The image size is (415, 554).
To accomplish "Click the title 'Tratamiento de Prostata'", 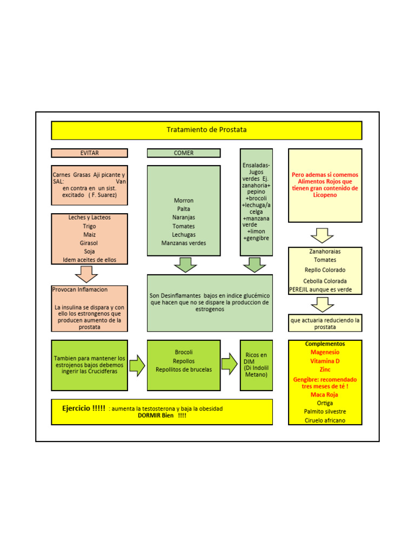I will click(x=206, y=130).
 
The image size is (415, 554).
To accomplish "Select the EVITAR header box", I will click(x=89, y=153).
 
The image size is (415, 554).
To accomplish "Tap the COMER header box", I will click(x=184, y=153).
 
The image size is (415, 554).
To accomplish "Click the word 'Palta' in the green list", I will click(x=184, y=209).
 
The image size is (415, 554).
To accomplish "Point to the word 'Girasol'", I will click(x=89, y=243).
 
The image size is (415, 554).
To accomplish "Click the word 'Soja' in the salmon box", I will click(x=89, y=252).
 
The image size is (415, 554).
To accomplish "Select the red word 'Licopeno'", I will click(x=325, y=195).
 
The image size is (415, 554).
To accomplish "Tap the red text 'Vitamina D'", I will click(x=325, y=361).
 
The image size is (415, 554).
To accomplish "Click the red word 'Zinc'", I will click(x=325, y=369).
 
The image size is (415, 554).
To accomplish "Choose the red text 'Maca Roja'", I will click(x=325, y=394).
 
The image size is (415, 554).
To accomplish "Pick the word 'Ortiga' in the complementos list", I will click(x=325, y=403).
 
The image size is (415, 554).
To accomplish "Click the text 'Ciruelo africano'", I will click(x=325, y=420).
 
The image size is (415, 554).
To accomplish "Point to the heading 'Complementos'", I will click(x=325, y=344).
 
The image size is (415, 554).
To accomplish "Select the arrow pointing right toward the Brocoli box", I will click(x=137, y=365).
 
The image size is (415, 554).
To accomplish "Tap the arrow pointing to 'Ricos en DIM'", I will click(x=230, y=364).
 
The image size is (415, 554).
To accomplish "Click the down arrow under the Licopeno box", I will click(x=323, y=235).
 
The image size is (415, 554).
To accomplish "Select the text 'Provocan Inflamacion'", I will click(x=80, y=290).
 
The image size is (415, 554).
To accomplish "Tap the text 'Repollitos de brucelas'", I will click(x=184, y=370).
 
